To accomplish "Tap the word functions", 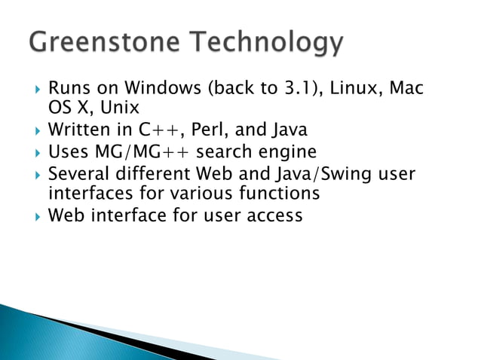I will point(276,194).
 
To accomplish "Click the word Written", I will point(78,133).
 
